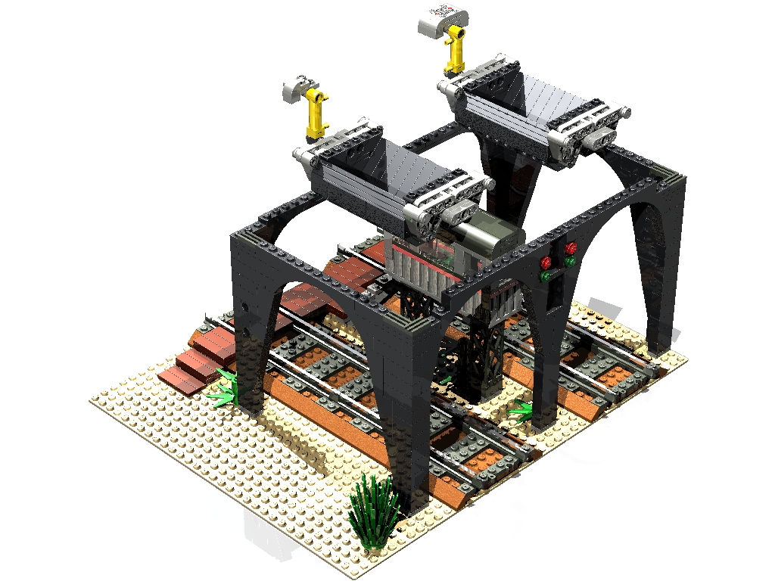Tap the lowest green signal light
[545, 277]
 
